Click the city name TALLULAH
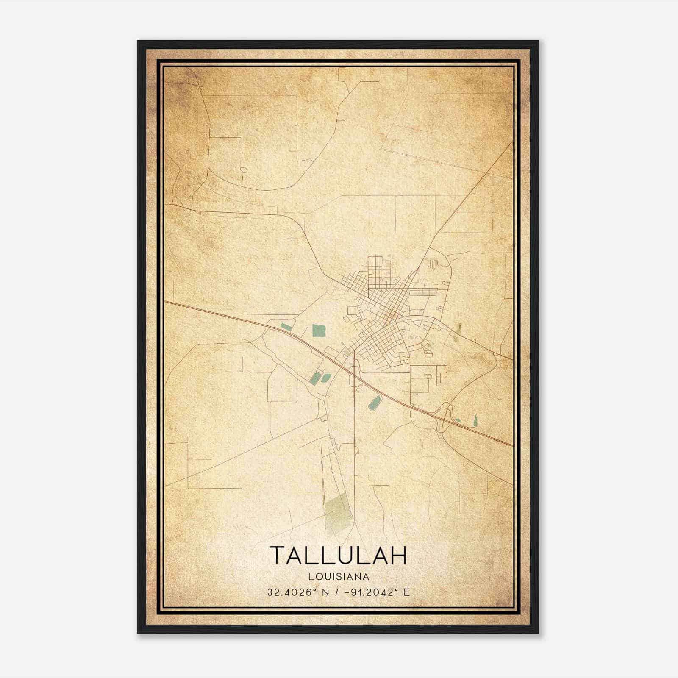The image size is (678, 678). [338, 555]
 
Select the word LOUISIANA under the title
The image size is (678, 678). [339, 577]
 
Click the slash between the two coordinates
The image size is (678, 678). [336, 592]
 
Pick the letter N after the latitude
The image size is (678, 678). [326, 592]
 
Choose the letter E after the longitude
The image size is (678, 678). [406, 592]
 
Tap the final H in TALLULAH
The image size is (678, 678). [398, 555]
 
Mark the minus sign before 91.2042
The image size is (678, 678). [347, 592]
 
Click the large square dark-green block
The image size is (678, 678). [319, 330]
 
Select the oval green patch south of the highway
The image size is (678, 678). [375, 403]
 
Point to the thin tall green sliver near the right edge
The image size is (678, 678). [475, 420]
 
